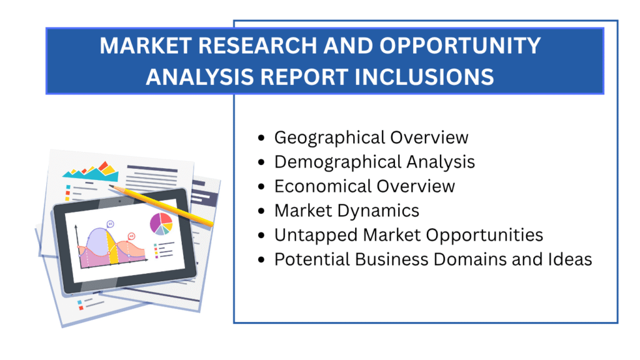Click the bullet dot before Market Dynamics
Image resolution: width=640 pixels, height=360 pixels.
(x=261, y=211)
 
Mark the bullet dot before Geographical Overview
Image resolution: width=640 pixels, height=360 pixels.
(x=261, y=137)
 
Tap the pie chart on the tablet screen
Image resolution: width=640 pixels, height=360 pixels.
(x=161, y=223)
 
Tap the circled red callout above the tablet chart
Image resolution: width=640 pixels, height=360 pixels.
(x=131, y=236)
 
